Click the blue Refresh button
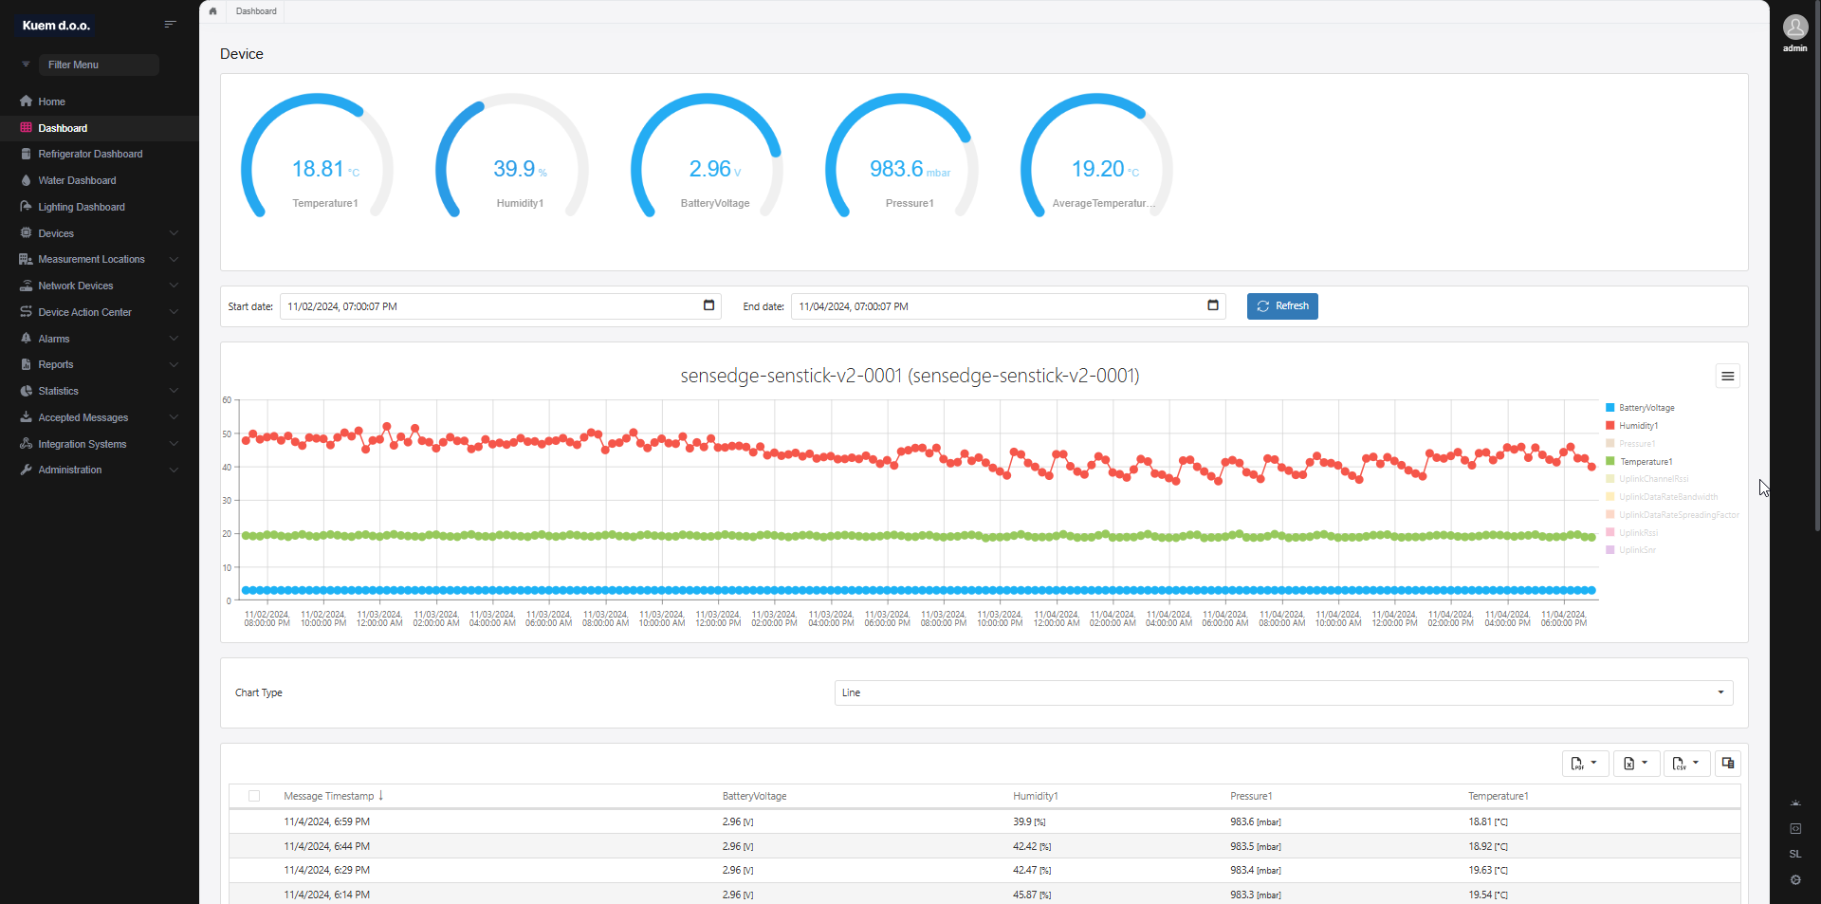[x=1282, y=306]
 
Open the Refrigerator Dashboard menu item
[x=90, y=154]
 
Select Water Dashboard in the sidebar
[x=77, y=180]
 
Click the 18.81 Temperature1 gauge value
[x=318, y=169]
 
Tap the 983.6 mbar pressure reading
[x=896, y=169]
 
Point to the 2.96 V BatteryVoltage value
[x=710, y=169]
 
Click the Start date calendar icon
[x=708, y=305]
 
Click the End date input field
[x=996, y=306]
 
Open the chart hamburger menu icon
[x=1727, y=377]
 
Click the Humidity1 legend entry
[x=1638, y=426]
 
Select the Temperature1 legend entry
[x=1646, y=462]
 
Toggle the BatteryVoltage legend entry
[x=1646, y=408]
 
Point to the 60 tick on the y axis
[x=227, y=400]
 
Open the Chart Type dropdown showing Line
[x=1282, y=692]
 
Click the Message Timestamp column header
[x=328, y=796]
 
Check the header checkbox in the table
[x=254, y=796]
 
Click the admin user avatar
[x=1794, y=28]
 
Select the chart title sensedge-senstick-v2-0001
[x=910, y=376]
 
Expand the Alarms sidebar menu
[x=54, y=339]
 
